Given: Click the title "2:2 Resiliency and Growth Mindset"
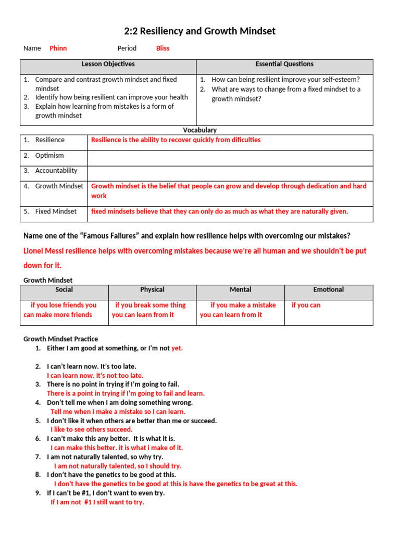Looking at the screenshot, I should point(199,31).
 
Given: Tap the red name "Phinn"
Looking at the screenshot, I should point(58,48).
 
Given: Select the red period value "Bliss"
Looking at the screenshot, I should point(162,48).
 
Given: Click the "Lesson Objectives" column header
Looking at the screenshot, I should point(108,64).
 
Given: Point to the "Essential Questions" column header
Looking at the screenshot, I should point(284,64).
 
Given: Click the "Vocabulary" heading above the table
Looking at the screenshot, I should point(199,130).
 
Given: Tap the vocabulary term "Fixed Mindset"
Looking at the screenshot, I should point(56,211).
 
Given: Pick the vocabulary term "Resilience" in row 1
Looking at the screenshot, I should point(50,140).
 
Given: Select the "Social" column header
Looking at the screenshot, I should point(64,289).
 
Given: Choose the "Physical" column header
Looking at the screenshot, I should point(152,289).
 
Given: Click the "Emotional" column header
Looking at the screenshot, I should point(328,289).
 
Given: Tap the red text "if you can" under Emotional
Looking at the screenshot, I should point(306,305).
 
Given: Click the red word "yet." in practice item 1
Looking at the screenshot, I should point(177,348).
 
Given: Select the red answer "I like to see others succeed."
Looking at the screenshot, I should point(91,429).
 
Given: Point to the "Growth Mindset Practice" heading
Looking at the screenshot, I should point(60,339).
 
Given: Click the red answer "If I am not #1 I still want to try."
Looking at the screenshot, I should point(97,502).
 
